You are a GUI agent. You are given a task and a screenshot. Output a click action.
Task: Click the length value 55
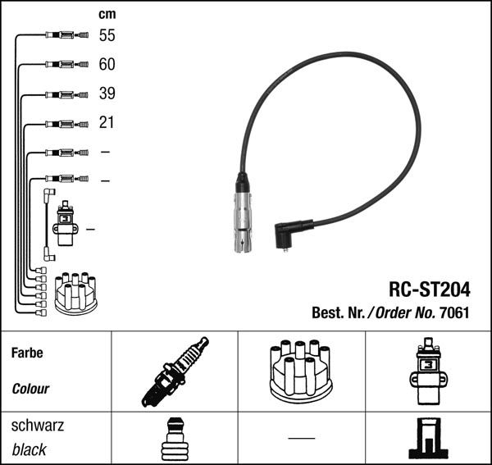(x=107, y=35)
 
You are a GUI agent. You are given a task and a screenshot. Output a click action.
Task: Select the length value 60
(x=107, y=64)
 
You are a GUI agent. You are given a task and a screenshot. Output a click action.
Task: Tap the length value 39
(x=107, y=93)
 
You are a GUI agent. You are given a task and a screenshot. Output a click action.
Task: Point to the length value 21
(x=107, y=123)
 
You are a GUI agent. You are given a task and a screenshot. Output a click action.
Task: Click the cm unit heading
(x=107, y=14)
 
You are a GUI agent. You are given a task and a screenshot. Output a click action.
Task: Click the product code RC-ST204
(x=429, y=289)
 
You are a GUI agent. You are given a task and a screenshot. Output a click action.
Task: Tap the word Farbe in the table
(x=27, y=353)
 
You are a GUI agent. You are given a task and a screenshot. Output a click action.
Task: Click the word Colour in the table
(x=30, y=389)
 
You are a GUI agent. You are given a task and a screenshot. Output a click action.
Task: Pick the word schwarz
(x=38, y=426)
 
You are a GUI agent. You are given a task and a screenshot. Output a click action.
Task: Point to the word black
(x=30, y=449)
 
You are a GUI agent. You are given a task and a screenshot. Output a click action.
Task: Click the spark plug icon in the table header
(x=175, y=372)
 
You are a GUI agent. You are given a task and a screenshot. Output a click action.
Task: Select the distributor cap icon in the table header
(x=301, y=372)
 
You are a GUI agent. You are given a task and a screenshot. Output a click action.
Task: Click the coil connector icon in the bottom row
(x=427, y=440)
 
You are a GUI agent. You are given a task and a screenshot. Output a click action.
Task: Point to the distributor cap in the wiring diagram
(x=75, y=293)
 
